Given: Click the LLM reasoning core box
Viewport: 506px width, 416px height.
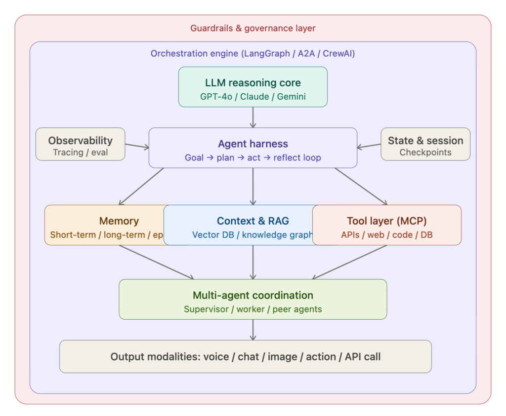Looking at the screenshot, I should (253, 87).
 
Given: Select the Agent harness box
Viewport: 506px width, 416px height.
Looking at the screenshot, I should (253, 148).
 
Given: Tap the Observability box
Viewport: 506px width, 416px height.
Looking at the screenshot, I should (80, 144).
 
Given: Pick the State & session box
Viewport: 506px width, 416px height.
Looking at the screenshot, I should (425, 144).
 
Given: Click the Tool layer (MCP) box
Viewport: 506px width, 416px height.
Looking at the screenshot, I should (387, 225).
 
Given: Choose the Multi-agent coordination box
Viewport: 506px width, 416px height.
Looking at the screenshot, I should (253, 299).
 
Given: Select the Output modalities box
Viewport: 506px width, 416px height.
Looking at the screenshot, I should (245, 356).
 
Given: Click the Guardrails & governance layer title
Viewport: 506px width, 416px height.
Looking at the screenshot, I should (253, 28).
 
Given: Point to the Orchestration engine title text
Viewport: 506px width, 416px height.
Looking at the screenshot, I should (253, 53).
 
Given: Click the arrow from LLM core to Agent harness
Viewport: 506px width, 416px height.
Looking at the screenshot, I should (253, 117).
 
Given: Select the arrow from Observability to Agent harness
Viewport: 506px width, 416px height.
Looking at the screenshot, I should (137, 146).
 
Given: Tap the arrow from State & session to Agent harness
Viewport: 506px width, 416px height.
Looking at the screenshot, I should (369, 146).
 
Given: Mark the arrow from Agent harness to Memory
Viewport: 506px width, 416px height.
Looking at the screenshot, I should (141, 186).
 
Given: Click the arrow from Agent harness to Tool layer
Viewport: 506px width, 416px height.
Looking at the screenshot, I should (361, 186).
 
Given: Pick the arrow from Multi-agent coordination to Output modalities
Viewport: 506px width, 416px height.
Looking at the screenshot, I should (253, 330).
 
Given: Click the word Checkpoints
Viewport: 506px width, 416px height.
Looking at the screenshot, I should (425, 152).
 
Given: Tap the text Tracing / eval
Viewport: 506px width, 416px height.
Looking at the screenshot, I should (80, 152).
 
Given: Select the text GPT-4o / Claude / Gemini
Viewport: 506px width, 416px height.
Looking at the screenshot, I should (253, 97).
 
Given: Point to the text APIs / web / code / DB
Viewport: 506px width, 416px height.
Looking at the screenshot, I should (387, 235).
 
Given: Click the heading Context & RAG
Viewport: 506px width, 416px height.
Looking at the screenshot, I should (253, 221).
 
